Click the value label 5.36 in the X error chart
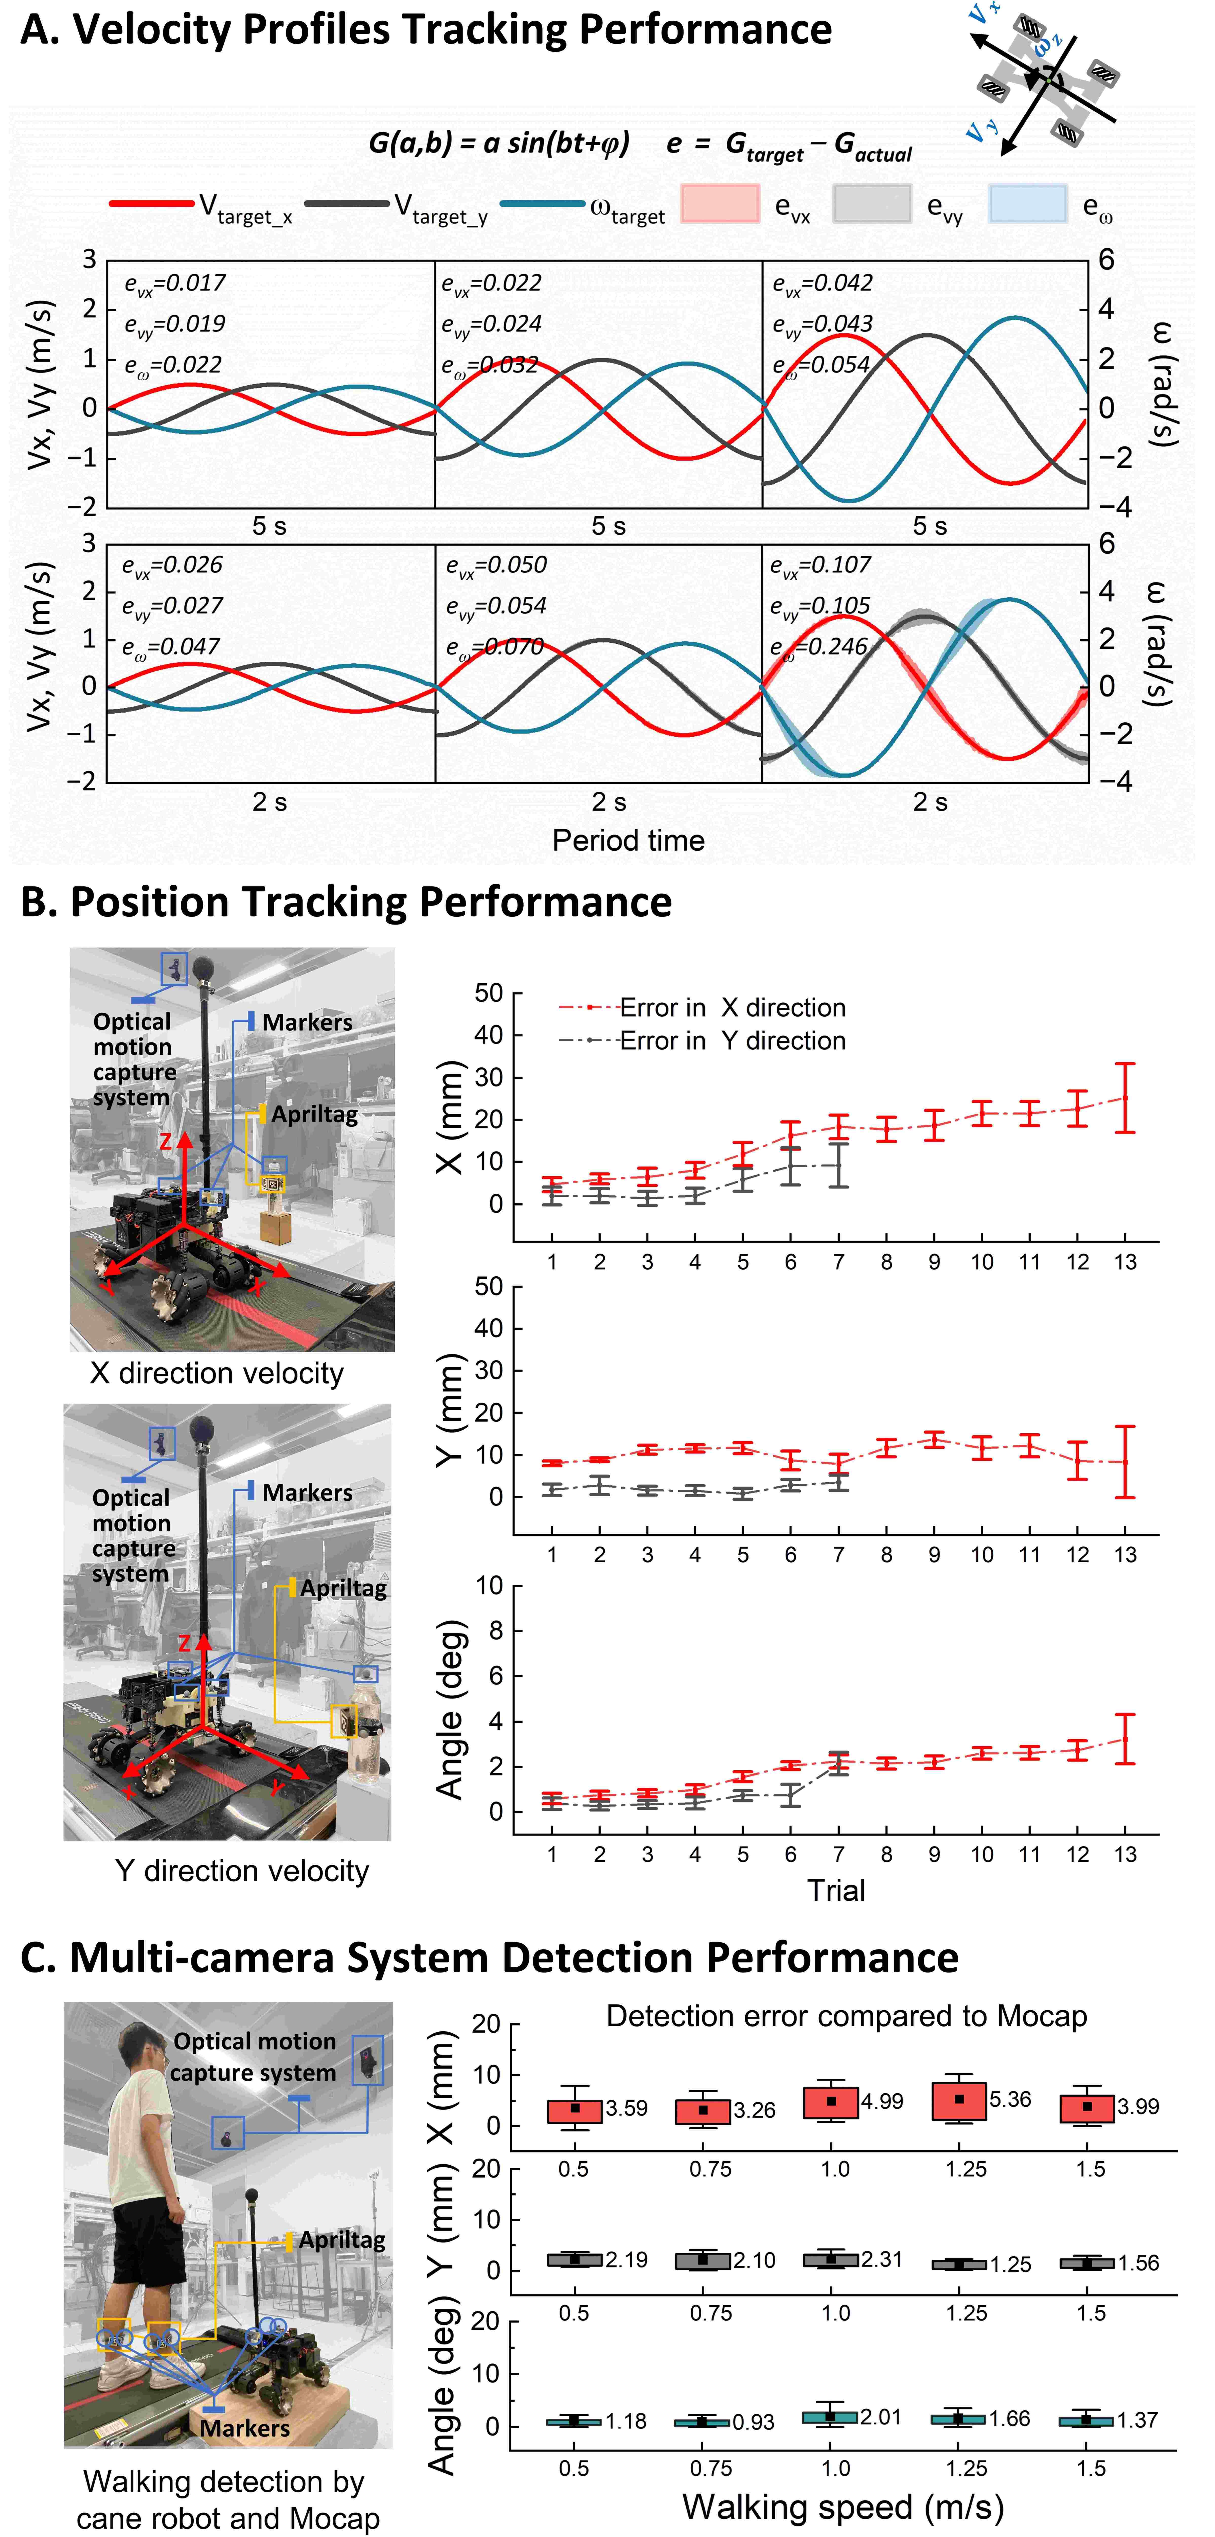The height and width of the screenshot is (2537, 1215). (x=1010, y=2099)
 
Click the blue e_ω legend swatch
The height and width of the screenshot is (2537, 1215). (x=1027, y=204)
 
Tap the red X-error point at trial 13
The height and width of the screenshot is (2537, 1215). (x=1124, y=1098)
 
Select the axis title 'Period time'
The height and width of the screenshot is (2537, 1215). (x=628, y=840)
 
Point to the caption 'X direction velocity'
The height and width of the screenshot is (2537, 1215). (x=217, y=1373)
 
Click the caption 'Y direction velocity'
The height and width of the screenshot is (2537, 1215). (x=241, y=1870)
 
